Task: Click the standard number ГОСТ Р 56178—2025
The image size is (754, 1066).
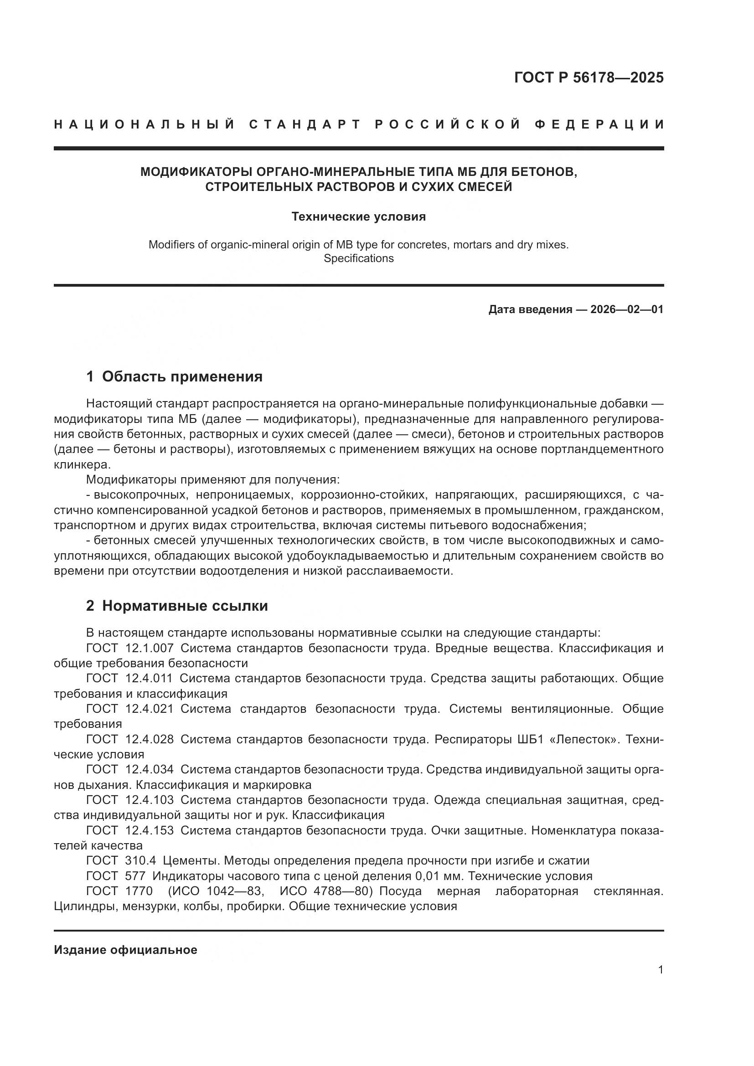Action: (588, 77)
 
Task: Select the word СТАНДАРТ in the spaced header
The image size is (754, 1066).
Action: (305, 124)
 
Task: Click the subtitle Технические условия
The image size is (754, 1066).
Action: (358, 217)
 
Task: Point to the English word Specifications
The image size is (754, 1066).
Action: (358, 258)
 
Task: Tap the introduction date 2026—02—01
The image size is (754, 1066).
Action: (627, 309)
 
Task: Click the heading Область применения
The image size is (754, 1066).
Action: (182, 376)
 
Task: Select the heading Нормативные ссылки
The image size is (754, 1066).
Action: (185, 606)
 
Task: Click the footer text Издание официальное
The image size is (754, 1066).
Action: (125, 950)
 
